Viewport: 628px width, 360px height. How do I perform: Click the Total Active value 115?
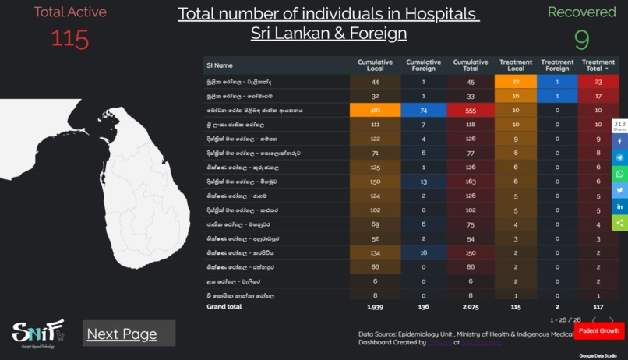(70, 38)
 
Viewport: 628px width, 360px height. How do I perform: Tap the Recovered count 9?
(581, 39)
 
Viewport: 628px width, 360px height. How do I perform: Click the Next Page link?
(122, 334)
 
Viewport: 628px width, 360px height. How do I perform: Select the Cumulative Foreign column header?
(423, 65)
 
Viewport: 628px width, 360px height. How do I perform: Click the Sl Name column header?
(220, 65)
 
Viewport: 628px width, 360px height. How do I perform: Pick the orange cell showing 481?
(376, 111)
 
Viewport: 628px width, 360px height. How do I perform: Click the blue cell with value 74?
(423, 111)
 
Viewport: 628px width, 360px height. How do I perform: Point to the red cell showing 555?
(471, 111)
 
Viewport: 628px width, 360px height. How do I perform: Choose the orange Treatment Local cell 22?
(516, 82)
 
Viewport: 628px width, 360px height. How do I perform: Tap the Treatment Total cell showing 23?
(598, 82)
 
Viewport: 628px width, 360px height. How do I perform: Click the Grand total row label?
(224, 307)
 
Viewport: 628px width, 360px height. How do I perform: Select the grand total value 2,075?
(471, 307)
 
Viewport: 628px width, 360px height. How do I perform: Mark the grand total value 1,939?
(376, 307)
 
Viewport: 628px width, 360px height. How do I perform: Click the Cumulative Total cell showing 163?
(471, 182)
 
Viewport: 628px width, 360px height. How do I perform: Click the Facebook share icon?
(620, 142)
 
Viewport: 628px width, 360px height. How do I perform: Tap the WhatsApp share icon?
(620, 174)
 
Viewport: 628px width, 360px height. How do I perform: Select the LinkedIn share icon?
(620, 206)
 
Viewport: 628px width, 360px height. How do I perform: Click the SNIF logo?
(37, 333)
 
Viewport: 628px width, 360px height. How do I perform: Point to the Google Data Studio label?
(598, 355)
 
